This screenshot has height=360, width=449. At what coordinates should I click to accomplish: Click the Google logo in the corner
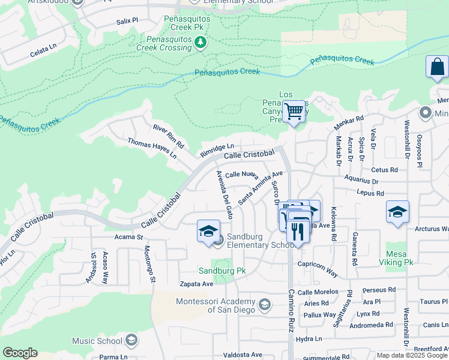(20, 353)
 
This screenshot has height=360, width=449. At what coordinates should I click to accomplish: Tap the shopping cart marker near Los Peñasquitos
(294, 112)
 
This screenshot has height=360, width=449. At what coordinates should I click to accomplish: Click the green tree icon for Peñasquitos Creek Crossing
(200, 41)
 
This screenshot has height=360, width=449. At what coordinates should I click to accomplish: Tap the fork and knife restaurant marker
(298, 231)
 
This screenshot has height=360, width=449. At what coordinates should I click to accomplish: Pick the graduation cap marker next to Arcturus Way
(397, 212)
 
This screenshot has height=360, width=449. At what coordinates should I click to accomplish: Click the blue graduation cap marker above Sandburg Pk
(208, 232)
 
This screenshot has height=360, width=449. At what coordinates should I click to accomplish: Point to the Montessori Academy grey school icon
(264, 305)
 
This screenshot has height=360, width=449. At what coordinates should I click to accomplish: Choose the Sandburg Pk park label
(222, 271)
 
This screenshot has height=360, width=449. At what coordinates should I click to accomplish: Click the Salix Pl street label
(127, 21)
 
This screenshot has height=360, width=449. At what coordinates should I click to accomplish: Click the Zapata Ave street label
(196, 284)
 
